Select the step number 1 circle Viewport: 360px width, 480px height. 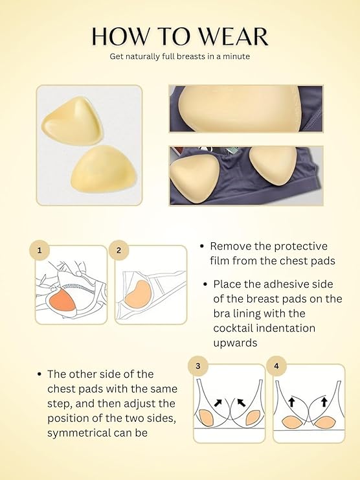(40, 249)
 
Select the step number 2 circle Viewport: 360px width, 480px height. (118, 249)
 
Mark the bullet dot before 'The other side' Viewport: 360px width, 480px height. (40, 374)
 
